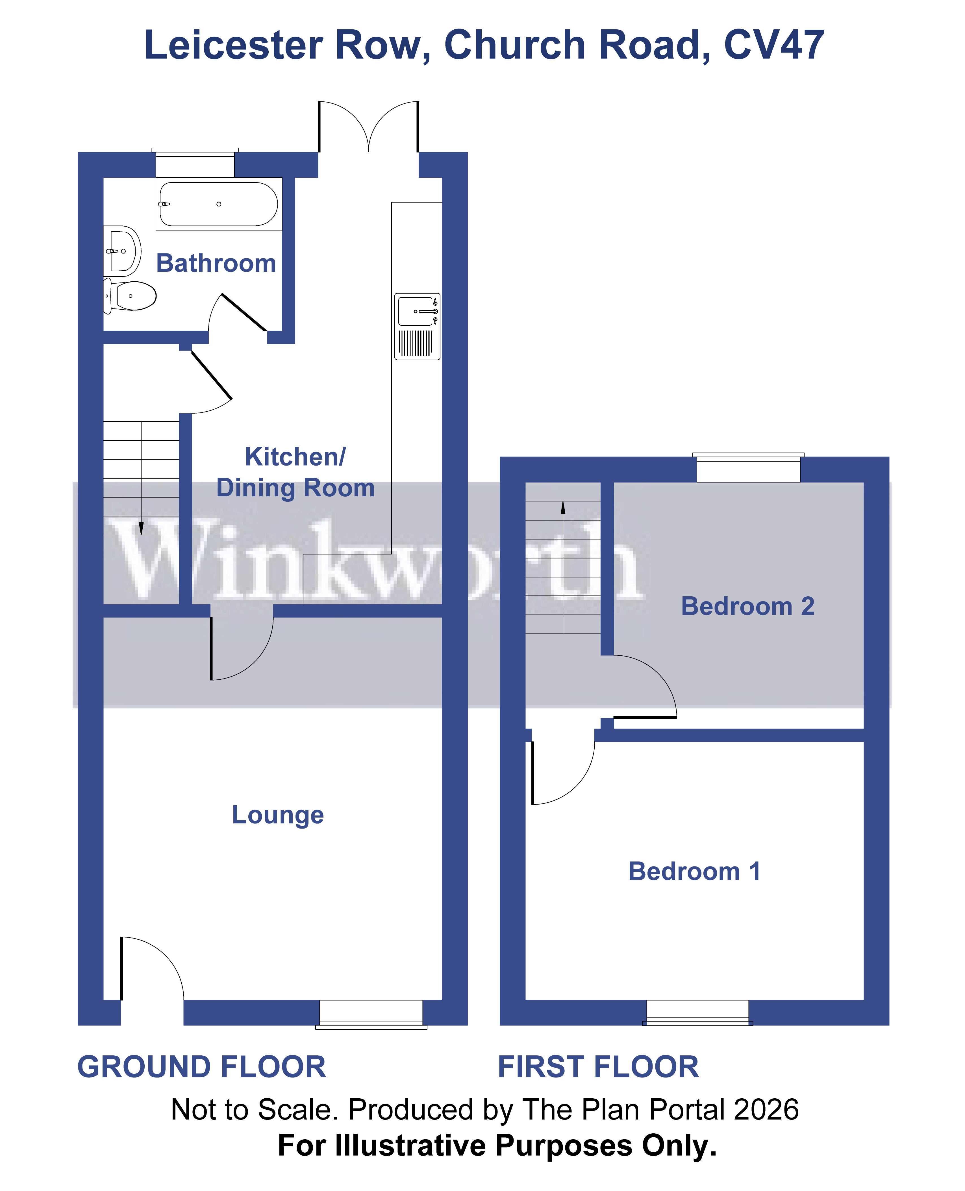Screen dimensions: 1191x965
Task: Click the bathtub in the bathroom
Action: [x=218, y=204]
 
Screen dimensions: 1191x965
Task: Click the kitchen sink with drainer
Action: [x=417, y=326]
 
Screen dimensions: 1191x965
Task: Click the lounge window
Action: [x=371, y=1013]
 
